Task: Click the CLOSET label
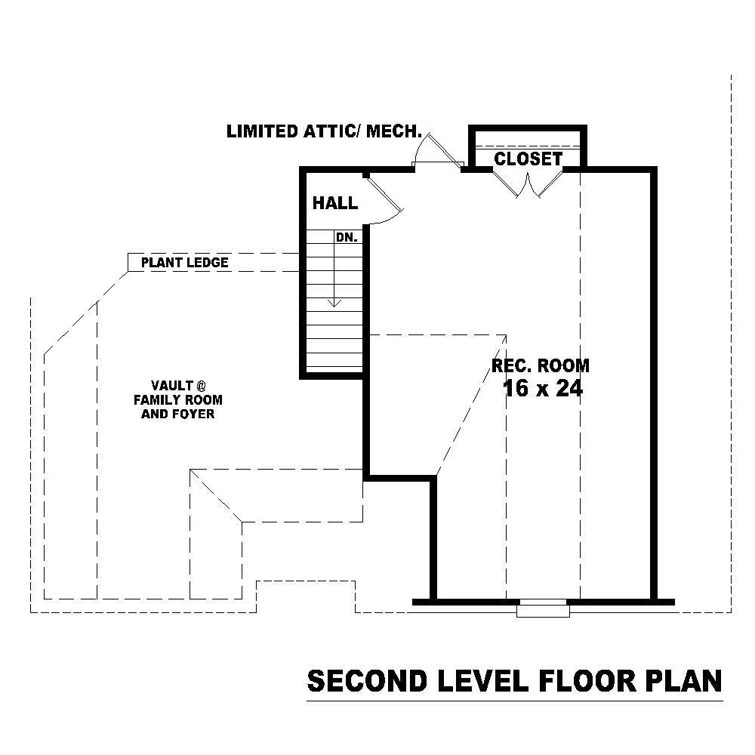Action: (x=528, y=159)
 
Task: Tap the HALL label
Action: (x=335, y=203)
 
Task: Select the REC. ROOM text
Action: (x=541, y=366)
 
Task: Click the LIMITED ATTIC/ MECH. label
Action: (x=324, y=131)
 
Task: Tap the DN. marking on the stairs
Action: (x=346, y=237)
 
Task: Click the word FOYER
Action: (x=194, y=414)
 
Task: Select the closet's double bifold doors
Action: (x=527, y=183)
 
